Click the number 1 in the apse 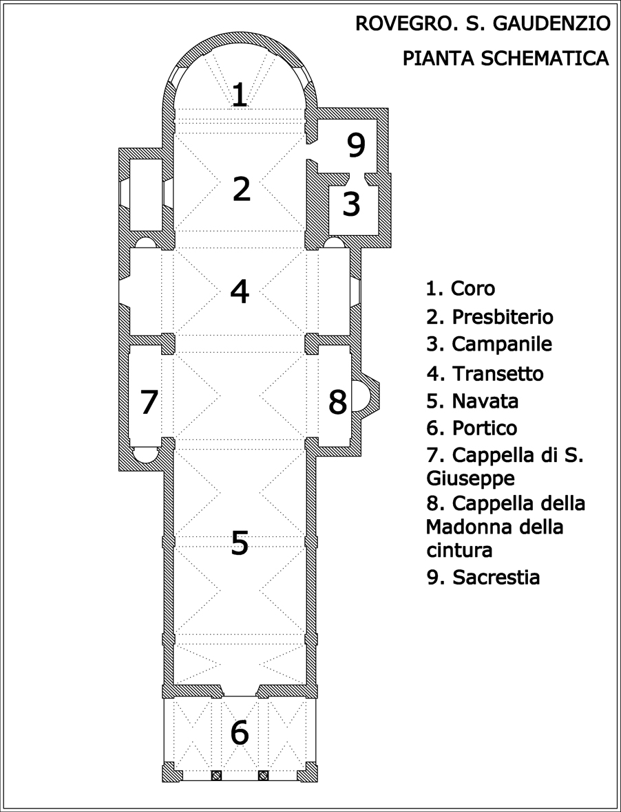click(x=239, y=95)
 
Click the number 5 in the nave click(x=240, y=542)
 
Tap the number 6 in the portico click(x=240, y=733)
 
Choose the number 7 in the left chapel click(x=149, y=402)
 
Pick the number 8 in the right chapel click(x=338, y=402)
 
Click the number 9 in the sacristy click(x=356, y=146)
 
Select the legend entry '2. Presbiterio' click(x=490, y=316)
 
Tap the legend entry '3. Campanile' click(x=490, y=344)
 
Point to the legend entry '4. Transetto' click(x=485, y=373)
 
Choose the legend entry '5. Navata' click(x=472, y=401)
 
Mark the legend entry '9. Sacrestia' click(x=483, y=577)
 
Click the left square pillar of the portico click(x=217, y=776)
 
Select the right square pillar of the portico click(x=263, y=776)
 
